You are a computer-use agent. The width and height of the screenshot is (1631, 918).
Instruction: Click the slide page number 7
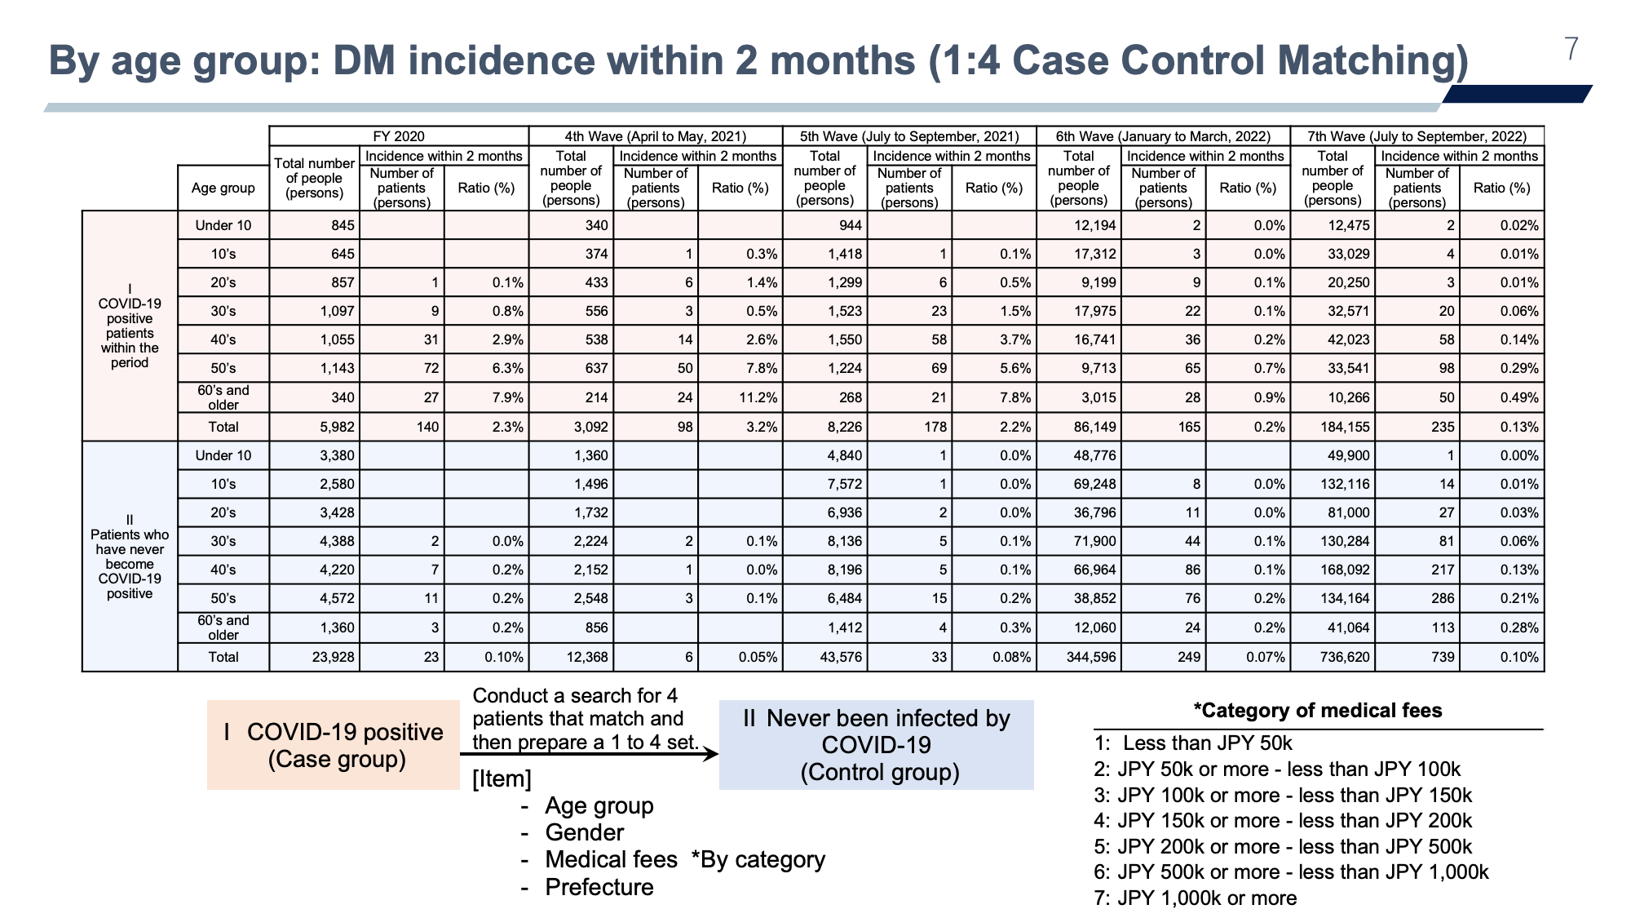pos(1571,50)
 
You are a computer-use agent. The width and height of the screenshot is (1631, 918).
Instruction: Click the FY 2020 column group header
pos(399,136)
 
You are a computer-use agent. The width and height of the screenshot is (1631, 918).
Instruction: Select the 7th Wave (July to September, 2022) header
pos(1417,136)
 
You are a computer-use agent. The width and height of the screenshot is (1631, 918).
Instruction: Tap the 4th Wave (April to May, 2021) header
pos(656,136)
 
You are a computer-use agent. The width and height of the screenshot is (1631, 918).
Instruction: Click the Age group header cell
pos(223,188)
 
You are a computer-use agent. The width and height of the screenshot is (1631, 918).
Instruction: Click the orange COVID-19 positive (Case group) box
pos(334,745)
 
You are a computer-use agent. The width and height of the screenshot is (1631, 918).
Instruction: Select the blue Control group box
pos(877,745)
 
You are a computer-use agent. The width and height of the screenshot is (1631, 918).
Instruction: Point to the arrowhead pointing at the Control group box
pos(711,754)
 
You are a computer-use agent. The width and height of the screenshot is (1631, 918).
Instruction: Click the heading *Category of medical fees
pos(1318,711)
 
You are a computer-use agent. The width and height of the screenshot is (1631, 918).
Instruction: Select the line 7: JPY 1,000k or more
pos(1196,898)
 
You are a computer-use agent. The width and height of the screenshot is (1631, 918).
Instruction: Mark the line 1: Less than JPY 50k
pos(1193,743)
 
